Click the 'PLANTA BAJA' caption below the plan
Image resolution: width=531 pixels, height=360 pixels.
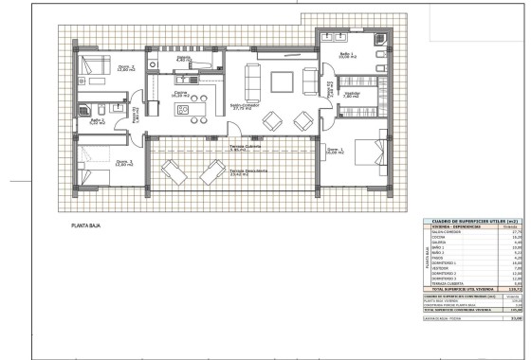pyautogui.click(x=86, y=227)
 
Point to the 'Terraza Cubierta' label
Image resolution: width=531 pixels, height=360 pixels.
pyautogui.click(x=246, y=147)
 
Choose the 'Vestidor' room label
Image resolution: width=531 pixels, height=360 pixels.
pyautogui.click(x=352, y=95)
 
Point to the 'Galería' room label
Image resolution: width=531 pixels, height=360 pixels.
pyautogui.click(x=184, y=59)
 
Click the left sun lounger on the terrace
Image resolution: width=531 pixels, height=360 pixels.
pyautogui.click(x=173, y=174)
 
